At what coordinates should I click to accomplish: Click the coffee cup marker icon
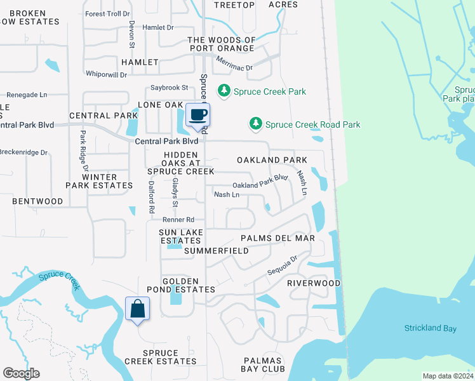[198, 115]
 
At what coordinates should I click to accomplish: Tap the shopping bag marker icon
[137, 309]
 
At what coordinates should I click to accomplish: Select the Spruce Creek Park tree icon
[224, 91]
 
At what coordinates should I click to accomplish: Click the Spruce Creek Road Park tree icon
[255, 123]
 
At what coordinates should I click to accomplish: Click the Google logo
[21, 373]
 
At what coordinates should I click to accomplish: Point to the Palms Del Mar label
[278, 238]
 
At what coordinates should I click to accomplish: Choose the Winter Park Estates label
[99, 181]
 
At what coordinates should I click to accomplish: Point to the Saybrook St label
[170, 88]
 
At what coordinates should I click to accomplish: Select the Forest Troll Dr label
[108, 13]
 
